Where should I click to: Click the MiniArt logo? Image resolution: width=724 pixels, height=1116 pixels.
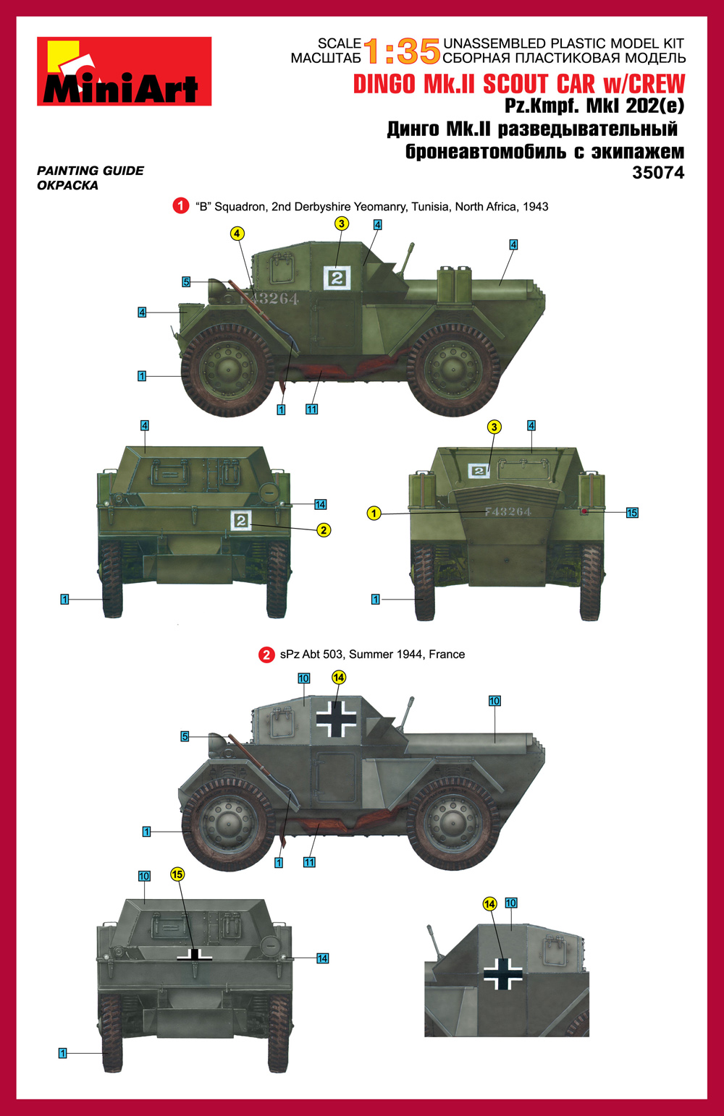(124, 72)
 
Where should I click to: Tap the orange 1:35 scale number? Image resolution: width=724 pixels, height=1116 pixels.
(402, 52)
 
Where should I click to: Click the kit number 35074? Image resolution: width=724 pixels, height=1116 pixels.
(658, 172)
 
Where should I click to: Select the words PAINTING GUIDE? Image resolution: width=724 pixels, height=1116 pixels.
(90, 171)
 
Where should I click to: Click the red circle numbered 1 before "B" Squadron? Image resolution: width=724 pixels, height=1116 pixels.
(180, 205)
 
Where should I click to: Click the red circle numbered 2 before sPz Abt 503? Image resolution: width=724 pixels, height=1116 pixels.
(266, 655)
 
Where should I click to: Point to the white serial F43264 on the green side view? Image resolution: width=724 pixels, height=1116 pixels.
(269, 299)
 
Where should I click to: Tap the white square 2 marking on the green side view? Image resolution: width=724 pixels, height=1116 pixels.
(337, 278)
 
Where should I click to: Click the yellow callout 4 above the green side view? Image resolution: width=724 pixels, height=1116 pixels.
(237, 233)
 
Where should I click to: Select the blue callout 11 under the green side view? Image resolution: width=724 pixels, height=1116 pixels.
(311, 409)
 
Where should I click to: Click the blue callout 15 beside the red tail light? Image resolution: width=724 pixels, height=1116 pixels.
(632, 513)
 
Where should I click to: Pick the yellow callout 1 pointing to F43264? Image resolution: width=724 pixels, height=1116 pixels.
(374, 514)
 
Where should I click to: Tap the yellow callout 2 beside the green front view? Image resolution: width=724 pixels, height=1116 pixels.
(324, 530)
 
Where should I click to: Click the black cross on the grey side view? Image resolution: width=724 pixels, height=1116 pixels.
(337, 719)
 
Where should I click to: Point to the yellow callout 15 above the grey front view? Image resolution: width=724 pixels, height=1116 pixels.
(177, 888)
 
